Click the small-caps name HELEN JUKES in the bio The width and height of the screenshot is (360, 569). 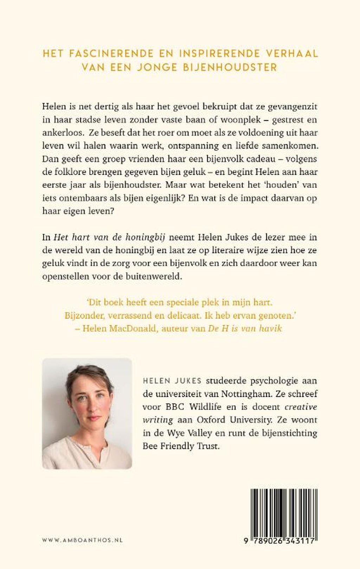[x=172, y=381]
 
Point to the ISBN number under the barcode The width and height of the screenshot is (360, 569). [x=279, y=542]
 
